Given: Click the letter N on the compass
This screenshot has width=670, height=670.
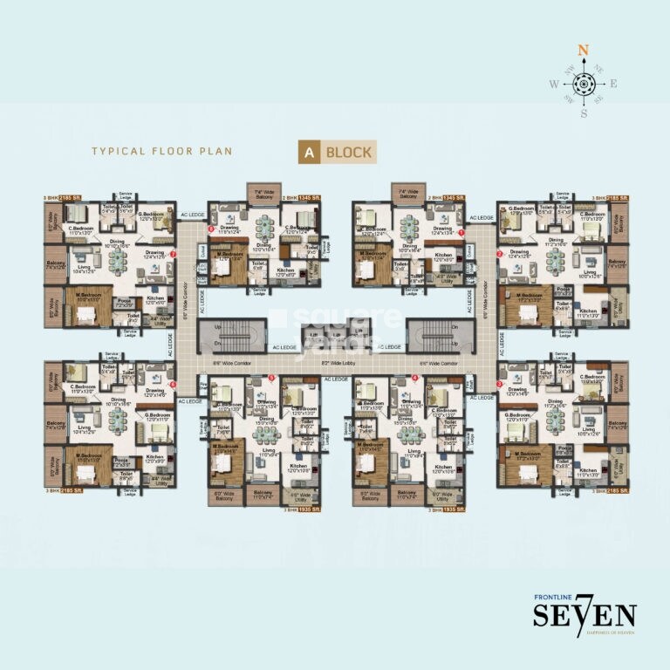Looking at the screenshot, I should tap(584, 51).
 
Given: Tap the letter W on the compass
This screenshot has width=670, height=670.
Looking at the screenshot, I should tap(552, 85).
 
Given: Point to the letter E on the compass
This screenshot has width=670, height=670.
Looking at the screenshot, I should tap(614, 84).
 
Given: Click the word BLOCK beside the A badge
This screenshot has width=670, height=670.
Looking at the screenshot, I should tap(349, 152).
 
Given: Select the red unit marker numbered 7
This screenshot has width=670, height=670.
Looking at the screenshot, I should tap(174, 255).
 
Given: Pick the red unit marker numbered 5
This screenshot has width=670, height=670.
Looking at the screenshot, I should tap(272, 378).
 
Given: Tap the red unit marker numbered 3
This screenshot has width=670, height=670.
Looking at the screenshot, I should tap(499, 383).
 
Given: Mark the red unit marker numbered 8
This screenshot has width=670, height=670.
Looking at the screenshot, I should tap(210, 229).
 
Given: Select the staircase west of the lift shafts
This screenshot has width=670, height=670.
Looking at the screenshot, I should tap(224, 335).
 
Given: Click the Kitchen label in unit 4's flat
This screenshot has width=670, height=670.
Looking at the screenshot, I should tap(443, 468).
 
